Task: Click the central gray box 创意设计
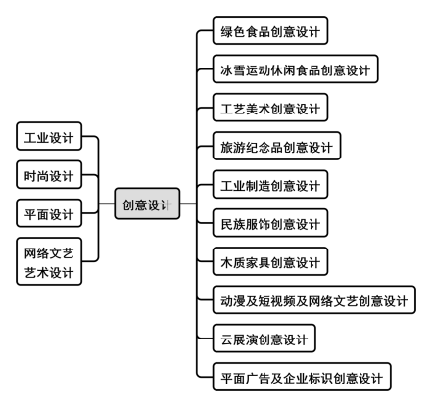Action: pos(147,203)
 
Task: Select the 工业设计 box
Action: pos(49,136)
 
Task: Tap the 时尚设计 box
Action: pos(49,175)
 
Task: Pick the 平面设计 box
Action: pos(49,213)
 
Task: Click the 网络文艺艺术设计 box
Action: pos(49,261)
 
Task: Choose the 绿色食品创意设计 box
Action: pos(270,30)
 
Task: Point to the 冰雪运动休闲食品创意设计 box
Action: pos(295,68)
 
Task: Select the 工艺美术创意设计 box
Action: pos(270,108)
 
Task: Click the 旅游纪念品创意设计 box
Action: pos(276,146)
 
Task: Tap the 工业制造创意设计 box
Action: pos(270,184)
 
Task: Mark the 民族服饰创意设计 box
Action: pos(270,223)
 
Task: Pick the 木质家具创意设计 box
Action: pos(270,261)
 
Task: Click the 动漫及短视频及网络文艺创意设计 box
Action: pos(314,299)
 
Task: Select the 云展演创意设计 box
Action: pos(264,339)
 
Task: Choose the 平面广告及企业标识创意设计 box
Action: pos(302,377)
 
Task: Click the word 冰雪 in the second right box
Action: pos(233,69)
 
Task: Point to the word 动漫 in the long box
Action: pos(233,300)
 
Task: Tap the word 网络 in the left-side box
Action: pos(36,253)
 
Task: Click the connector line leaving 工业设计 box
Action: pos(90,136)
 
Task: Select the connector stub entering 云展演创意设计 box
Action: pos(205,339)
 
